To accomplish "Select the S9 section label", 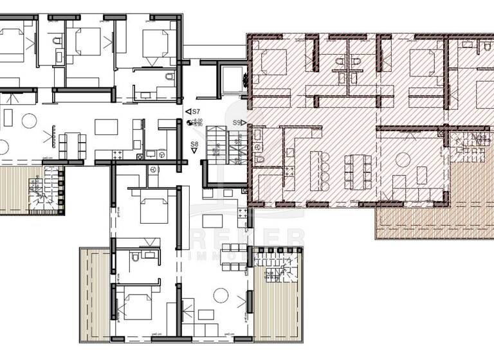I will pyautogui.click(x=237, y=122).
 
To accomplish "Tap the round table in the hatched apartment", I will pyautogui.click(x=403, y=159).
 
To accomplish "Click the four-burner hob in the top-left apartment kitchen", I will pyautogui.click(x=120, y=154).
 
